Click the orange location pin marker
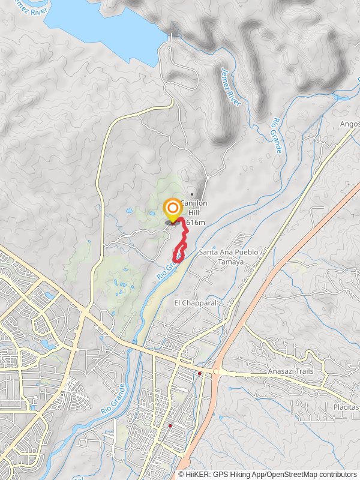[x=172, y=209]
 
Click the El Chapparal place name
[x=196, y=303]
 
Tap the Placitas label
[x=346, y=407]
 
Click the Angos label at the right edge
[x=350, y=124]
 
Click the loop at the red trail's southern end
[x=178, y=256]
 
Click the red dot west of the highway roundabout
[x=199, y=373]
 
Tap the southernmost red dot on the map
[x=170, y=426]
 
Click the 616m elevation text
[x=196, y=222]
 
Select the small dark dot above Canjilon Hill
[x=191, y=194]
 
